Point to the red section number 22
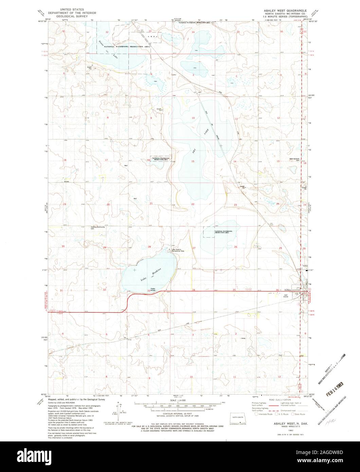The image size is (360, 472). point(193,204)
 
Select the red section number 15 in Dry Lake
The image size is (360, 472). point(193,161)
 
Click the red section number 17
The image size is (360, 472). point(106,160)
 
